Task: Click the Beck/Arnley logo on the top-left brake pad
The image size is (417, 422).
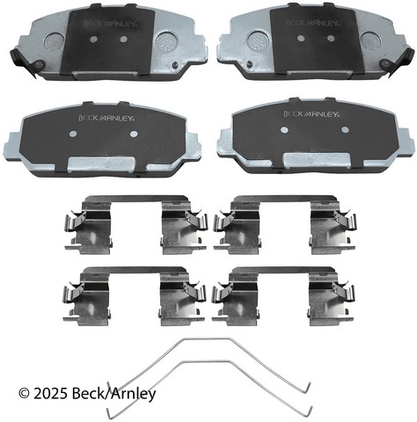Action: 110,24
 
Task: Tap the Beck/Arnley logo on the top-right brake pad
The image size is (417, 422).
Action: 312,23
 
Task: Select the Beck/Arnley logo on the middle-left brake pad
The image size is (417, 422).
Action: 106,118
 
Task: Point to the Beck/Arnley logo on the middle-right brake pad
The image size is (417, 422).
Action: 311,113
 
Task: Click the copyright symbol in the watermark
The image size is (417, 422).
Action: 24,394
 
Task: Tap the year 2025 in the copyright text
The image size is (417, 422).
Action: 51,394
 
